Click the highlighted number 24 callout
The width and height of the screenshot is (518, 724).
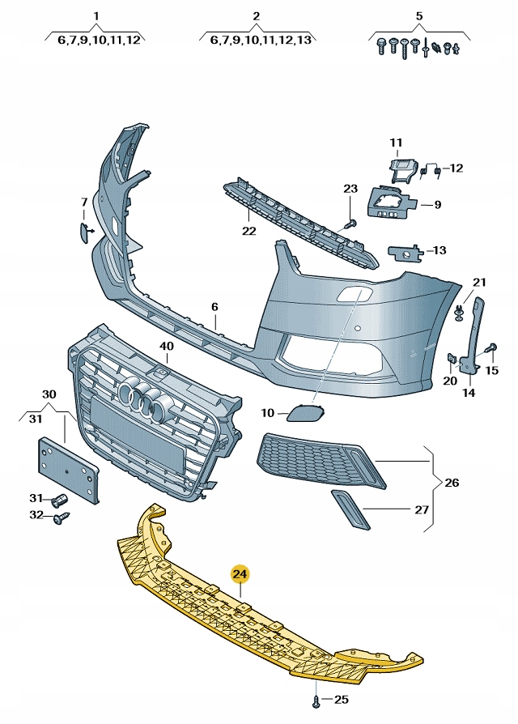click(x=240, y=575)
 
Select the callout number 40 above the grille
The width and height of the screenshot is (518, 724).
click(x=166, y=347)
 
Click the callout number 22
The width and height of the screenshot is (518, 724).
click(x=248, y=231)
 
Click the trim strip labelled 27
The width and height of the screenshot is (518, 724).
click(x=350, y=509)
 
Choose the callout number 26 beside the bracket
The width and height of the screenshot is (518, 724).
click(x=451, y=483)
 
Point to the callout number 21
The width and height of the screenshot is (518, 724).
click(x=479, y=282)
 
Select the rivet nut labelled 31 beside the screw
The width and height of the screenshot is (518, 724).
click(x=60, y=500)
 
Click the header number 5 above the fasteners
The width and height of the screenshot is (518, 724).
click(x=419, y=16)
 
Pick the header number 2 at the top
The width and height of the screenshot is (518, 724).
click(x=256, y=16)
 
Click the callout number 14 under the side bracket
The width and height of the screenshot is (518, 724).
click(x=468, y=394)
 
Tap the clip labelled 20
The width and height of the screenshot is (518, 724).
click(x=452, y=358)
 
